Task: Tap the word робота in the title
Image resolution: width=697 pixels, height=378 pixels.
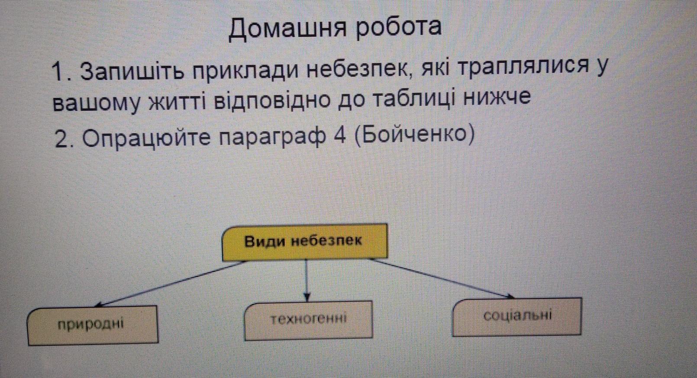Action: (x=399, y=27)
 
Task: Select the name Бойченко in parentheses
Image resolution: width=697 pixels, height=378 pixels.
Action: (x=414, y=135)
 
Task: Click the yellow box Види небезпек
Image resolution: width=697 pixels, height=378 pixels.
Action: (x=305, y=242)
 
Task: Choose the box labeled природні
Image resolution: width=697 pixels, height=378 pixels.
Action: (x=92, y=325)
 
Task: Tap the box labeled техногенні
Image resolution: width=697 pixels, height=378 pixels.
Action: (x=308, y=320)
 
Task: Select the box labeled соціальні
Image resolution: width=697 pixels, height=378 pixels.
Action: (x=516, y=316)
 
